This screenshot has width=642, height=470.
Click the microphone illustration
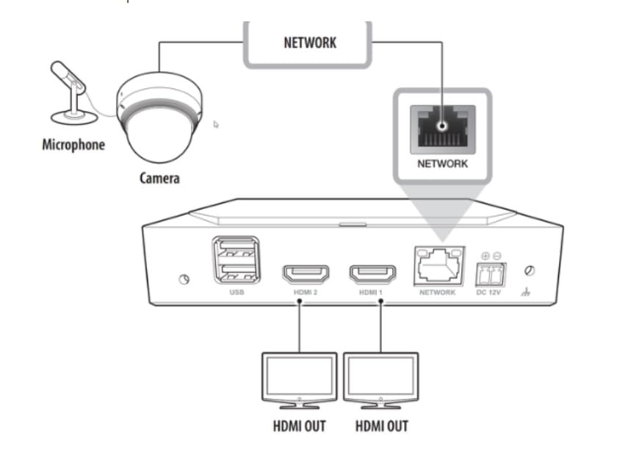point(71,92)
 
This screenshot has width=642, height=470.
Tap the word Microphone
point(73,144)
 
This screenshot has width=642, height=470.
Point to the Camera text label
point(159,178)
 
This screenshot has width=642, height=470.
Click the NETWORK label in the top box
point(309,42)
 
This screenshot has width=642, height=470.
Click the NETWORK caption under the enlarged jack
point(442,164)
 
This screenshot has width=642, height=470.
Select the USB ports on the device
point(235,261)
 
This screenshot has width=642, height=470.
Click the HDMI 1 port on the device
point(373,273)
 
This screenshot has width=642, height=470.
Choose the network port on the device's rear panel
point(439,265)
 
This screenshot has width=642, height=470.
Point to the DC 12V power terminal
point(491,272)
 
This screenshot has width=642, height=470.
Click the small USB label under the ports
point(235,292)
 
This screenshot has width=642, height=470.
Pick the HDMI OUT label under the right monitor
point(381,426)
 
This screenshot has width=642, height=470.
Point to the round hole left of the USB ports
point(184,279)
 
